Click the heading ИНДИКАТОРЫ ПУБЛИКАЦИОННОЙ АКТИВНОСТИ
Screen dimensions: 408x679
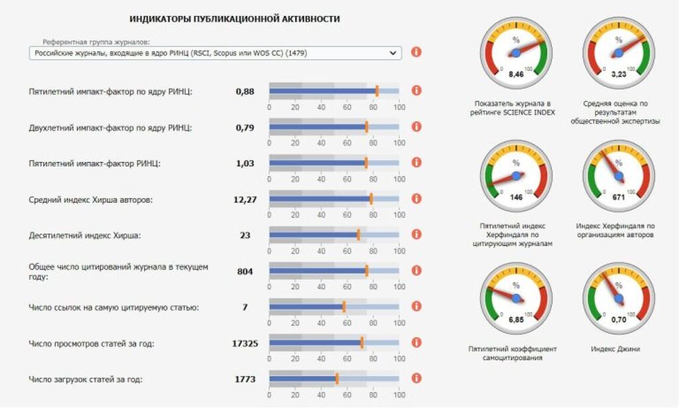click(235, 19)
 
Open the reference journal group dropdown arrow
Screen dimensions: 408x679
click(393, 52)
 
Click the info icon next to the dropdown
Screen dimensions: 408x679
click(416, 52)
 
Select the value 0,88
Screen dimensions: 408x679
click(245, 91)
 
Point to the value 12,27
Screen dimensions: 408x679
click(245, 199)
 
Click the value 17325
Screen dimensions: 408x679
click(245, 343)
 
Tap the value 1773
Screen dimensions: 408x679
click(245, 379)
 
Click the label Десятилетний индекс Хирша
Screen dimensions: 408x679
click(85, 235)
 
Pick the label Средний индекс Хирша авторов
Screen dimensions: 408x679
click(91, 199)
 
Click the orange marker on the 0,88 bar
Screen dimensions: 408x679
click(377, 91)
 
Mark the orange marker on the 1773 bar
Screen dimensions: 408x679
click(337, 379)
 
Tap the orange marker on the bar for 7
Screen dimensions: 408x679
click(343, 306)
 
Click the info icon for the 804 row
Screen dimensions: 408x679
click(416, 271)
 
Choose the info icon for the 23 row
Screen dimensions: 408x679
click(416, 235)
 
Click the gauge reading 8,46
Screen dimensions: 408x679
click(516, 74)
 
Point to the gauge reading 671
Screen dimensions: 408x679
click(619, 197)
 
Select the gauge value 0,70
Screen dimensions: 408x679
click(619, 320)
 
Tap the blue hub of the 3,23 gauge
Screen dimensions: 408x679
click(619, 52)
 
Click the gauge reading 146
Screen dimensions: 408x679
click(516, 197)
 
